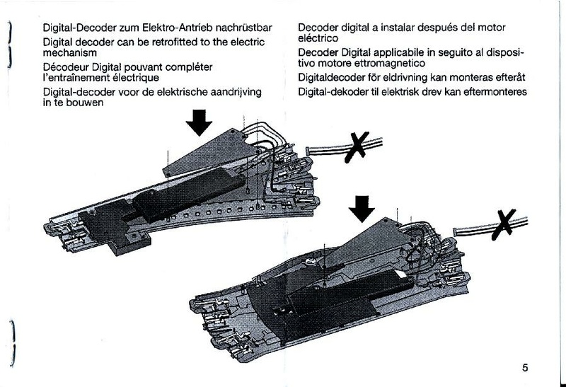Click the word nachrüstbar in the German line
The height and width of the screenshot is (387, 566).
(x=246, y=28)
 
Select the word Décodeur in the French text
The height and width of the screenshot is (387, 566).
(x=66, y=67)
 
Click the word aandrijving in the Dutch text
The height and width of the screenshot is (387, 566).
(x=236, y=92)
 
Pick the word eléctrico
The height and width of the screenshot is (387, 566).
(x=318, y=38)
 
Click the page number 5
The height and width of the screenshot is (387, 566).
(x=525, y=368)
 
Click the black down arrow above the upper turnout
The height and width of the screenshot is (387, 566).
(x=199, y=122)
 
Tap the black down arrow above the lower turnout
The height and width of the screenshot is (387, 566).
(x=362, y=209)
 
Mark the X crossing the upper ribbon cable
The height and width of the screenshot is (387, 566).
(x=357, y=147)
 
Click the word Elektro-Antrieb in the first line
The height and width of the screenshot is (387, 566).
(x=180, y=28)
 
